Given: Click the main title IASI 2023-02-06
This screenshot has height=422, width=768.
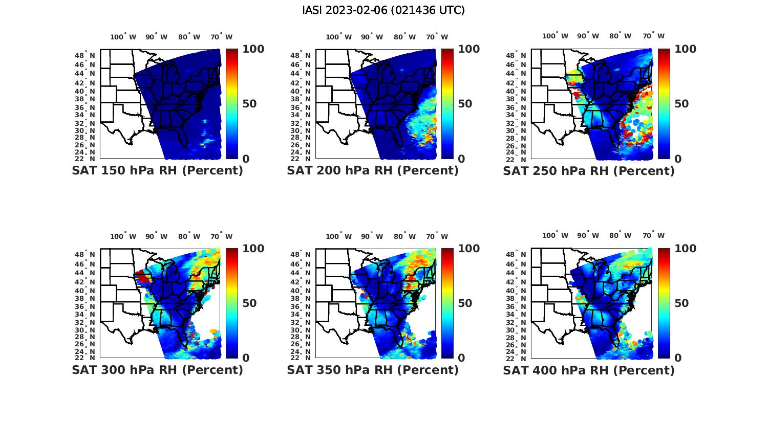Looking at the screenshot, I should pyautogui.click(x=383, y=10).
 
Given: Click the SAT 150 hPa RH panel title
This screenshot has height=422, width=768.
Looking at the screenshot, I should pyautogui.click(x=157, y=171).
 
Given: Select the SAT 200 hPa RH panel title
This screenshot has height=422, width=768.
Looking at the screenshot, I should pyautogui.click(x=373, y=171).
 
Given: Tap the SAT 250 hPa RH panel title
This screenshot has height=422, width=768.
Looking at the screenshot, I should pyautogui.click(x=589, y=171).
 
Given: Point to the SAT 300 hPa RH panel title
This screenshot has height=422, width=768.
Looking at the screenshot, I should pyautogui.click(x=157, y=370).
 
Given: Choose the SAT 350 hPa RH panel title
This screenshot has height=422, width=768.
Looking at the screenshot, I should pyautogui.click(x=373, y=370).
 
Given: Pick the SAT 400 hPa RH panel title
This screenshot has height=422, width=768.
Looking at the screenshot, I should pyautogui.click(x=589, y=370).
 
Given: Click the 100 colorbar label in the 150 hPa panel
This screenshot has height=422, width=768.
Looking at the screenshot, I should pyautogui.click(x=253, y=49).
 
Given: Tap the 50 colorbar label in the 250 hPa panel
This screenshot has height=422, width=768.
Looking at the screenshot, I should pyautogui.click(x=682, y=104).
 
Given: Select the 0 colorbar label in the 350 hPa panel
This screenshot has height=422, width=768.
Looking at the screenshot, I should pyautogui.click(x=461, y=358).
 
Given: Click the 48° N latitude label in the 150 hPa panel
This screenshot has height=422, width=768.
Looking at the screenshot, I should pyautogui.click(x=90, y=55).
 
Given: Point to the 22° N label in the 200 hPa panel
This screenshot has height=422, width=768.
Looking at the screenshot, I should pyautogui.click(x=305, y=159).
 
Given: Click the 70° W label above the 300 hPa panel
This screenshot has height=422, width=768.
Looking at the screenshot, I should pyautogui.click(x=221, y=236).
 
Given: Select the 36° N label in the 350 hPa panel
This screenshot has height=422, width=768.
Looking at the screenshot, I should pyautogui.click(x=305, y=307).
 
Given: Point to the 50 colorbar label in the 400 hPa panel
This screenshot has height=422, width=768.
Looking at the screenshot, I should pyautogui.click(x=682, y=303).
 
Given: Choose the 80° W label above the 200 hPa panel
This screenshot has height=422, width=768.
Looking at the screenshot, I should pyautogui.click(x=405, y=37).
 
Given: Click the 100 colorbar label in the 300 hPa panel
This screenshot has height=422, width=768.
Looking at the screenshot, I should pyautogui.click(x=253, y=249).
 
